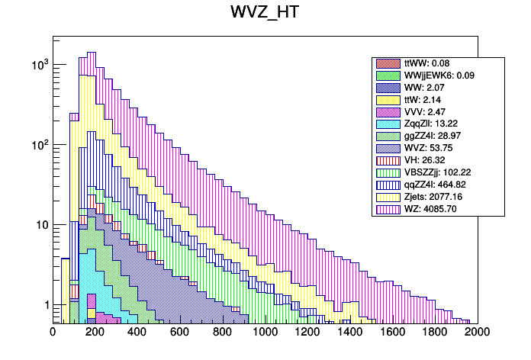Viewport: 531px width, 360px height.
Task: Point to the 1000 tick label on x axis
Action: tap(265, 332)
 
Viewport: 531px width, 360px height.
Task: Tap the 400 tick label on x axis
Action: tap(137, 332)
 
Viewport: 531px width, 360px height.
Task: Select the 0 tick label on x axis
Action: tap(53, 332)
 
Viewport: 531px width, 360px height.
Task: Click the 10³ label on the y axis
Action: tap(37, 65)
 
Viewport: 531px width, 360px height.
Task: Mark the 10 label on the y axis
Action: tap(40, 225)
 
